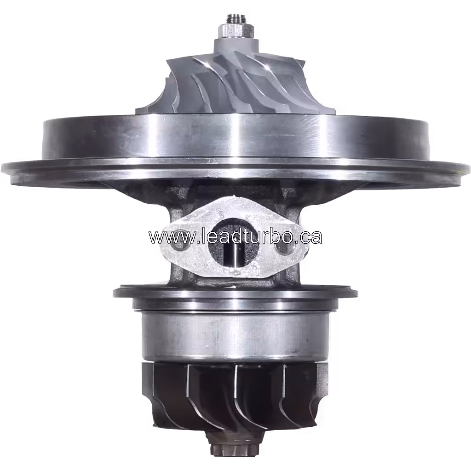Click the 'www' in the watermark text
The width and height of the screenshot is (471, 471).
point(167,237)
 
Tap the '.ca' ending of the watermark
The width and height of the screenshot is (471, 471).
point(309,236)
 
